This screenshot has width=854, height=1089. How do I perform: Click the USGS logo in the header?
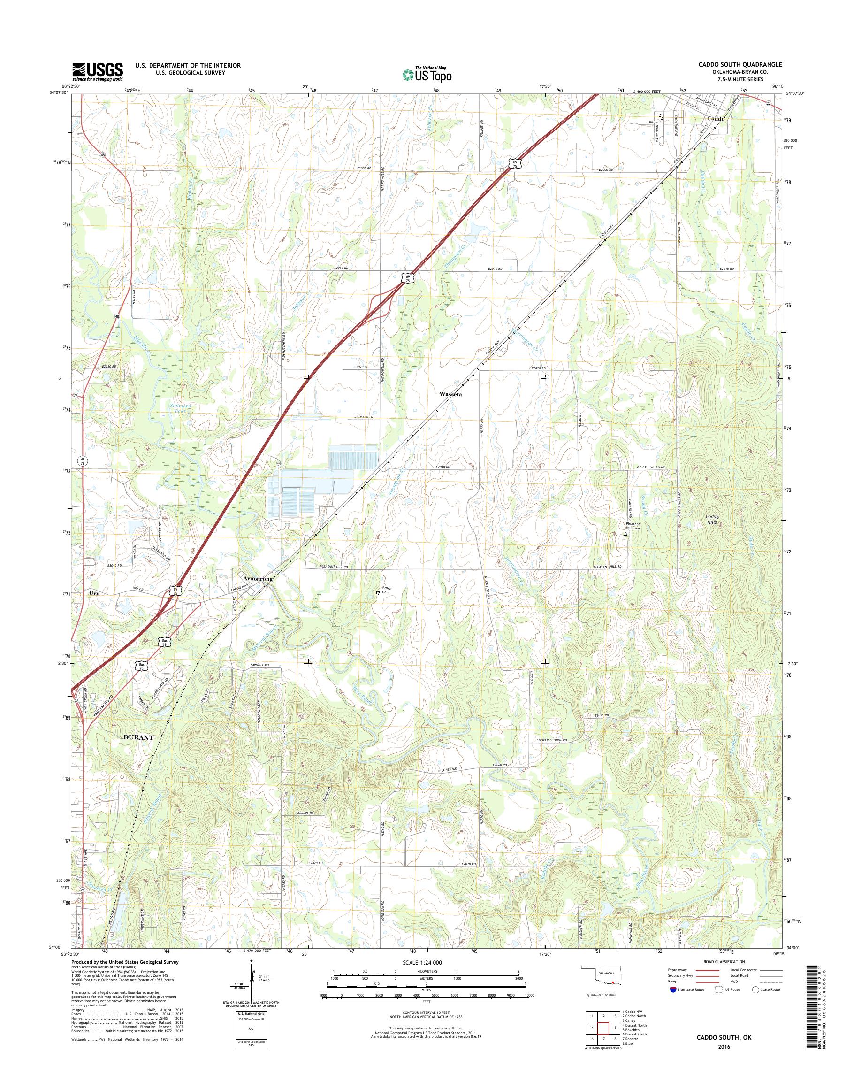pos(98,71)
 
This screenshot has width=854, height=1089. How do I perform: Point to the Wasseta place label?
pos(450,394)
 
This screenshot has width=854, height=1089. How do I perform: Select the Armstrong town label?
pos(258,579)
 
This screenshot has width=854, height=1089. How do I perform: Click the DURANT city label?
pos(138,737)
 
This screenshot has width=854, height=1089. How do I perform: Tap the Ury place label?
pos(93,593)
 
